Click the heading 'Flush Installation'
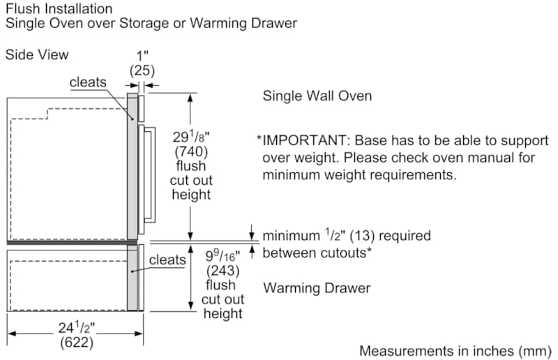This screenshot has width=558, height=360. pyautogui.click(x=59, y=9)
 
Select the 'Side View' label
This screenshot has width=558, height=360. pyautogui.click(x=37, y=54)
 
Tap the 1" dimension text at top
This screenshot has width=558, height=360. pyautogui.click(x=142, y=55)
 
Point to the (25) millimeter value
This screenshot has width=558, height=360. pyautogui.click(x=142, y=70)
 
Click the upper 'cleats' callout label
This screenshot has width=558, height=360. pyautogui.click(x=88, y=82)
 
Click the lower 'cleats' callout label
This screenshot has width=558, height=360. pyautogui.click(x=167, y=260)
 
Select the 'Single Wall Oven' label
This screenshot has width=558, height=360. pyautogui.click(x=317, y=96)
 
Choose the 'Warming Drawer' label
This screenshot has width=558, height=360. pyautogui.click(x=316, y=287)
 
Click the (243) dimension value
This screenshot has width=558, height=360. pyautogui.click(x=223, y=270)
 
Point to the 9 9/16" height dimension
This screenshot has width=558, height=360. pyautogui.click(x=223, y=254)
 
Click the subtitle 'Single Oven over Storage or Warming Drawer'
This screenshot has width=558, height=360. pyautogui.click(x=151, y=24)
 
